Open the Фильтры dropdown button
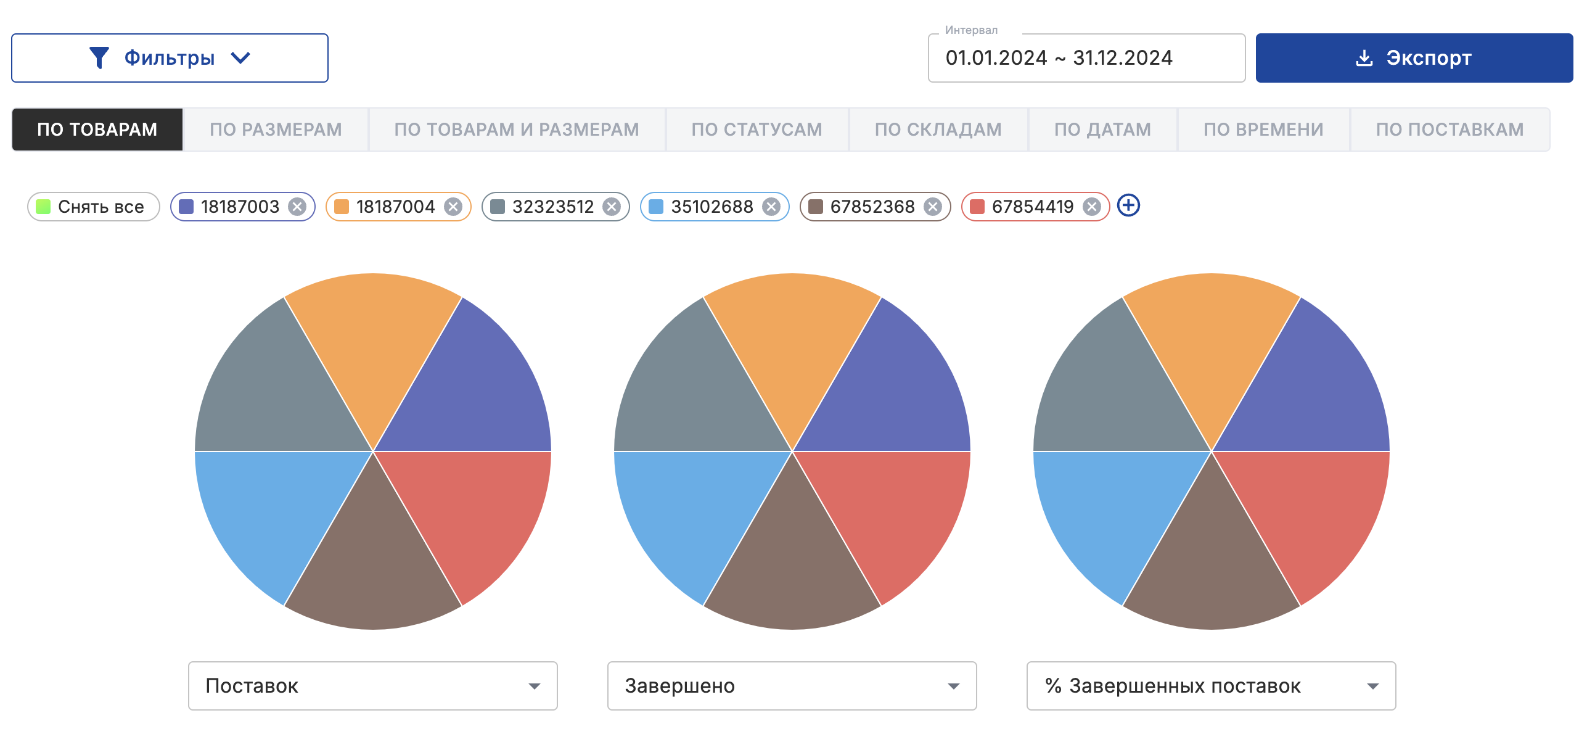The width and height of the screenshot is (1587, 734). pos(170,58)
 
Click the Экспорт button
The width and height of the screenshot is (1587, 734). pos(1414,58)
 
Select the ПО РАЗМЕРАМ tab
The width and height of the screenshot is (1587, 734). pos(276,130)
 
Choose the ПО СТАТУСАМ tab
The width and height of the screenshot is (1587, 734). pos(757,130)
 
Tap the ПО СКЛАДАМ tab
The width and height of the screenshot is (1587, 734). pos(938,130)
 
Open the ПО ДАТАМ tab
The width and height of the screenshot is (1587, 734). pos(1102,130)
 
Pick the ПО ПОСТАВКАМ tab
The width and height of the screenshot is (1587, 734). pos(1450,130)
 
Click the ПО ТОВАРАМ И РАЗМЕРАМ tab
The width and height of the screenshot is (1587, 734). pos(517,130)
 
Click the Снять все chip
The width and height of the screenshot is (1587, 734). pos(94,207)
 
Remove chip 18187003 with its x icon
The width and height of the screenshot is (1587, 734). pos(298,207)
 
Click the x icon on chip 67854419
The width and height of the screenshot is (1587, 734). pos(1092,207)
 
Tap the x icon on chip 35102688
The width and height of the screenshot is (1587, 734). pos(771,207)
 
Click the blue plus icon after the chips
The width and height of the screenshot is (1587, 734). pos(1128,205)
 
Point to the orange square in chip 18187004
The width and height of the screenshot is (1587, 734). pos(342,207)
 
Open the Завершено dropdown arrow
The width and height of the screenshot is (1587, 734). pos(953,686)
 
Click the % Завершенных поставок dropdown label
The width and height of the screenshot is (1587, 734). pos(1184,686)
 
